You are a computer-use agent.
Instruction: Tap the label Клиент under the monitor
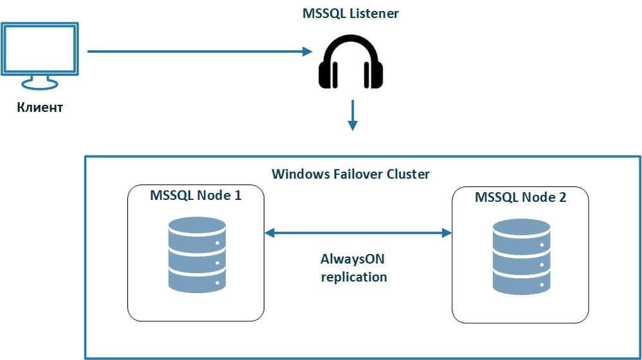tap(40, 107)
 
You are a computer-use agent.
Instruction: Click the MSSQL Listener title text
tap(350, 14)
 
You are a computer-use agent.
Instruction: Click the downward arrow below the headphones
tap(352, 115)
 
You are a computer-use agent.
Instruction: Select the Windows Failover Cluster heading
tap(350, 174)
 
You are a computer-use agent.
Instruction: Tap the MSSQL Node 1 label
tap(195, 195)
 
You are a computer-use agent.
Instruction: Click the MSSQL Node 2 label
tap(521, 197)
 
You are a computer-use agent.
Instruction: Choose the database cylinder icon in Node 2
tap(521, 257)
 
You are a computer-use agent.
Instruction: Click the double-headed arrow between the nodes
tap(358, 233)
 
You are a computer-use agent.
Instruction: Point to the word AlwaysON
tap(354, 260)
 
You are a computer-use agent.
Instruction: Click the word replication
tap(354, 277)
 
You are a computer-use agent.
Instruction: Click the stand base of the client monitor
tap(40, 84)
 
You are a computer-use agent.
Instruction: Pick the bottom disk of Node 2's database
tap(521, 280)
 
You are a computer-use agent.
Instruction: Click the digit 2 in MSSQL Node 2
tap(562, 197)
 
